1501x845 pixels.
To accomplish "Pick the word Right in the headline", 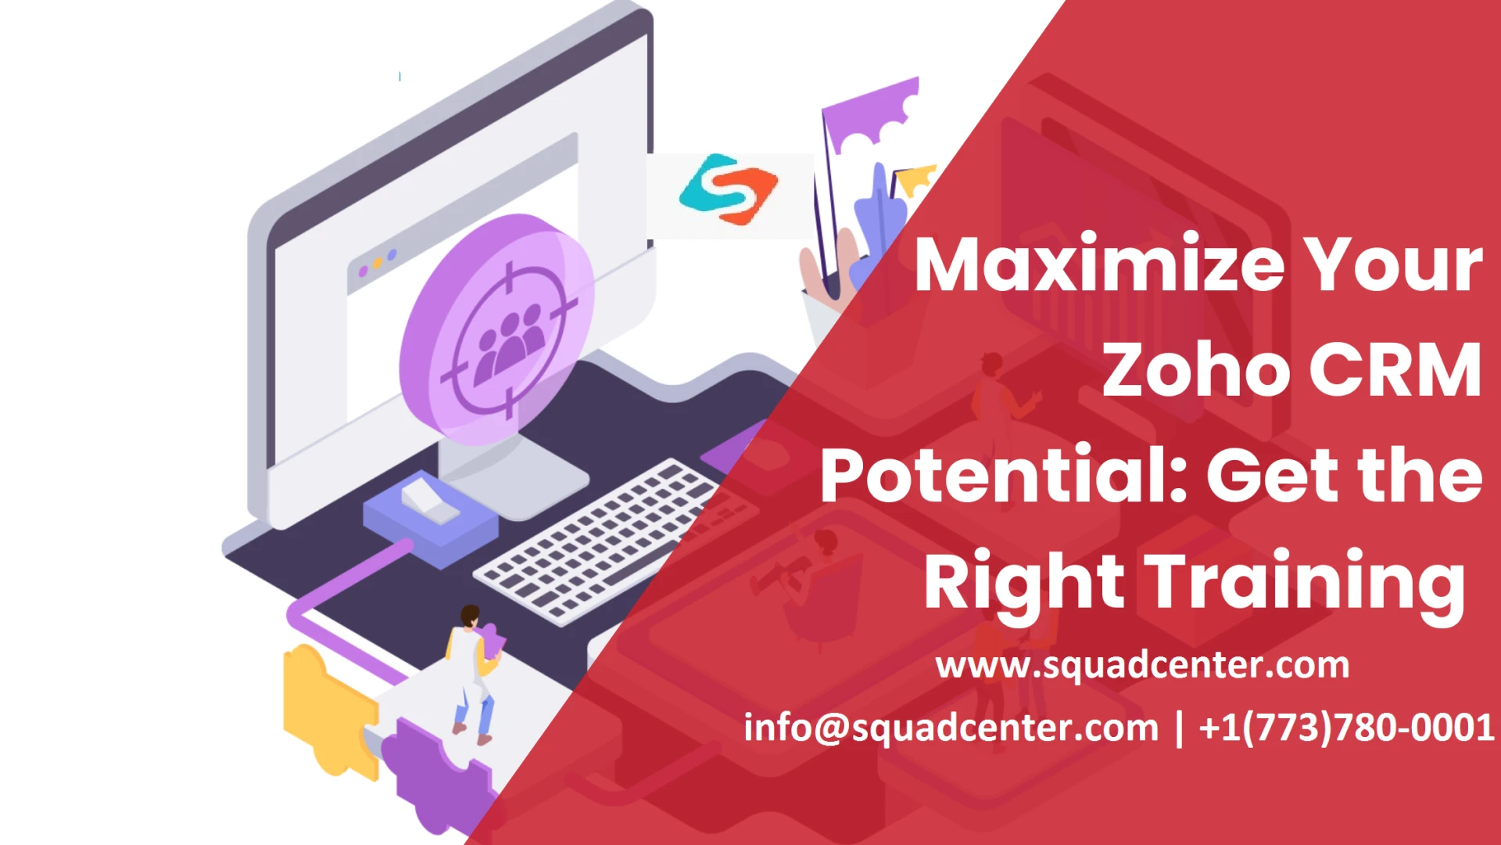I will [x=1024, y=583].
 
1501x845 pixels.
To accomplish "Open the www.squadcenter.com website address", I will [x=1142, y=665].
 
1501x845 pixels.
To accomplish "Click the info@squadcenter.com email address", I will [x=951, y=728].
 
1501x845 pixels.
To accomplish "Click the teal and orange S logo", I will [x=729, y=189].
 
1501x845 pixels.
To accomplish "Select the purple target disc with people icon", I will [x=497, y=329].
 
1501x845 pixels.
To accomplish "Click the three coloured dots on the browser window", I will [x=377, y=264].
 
